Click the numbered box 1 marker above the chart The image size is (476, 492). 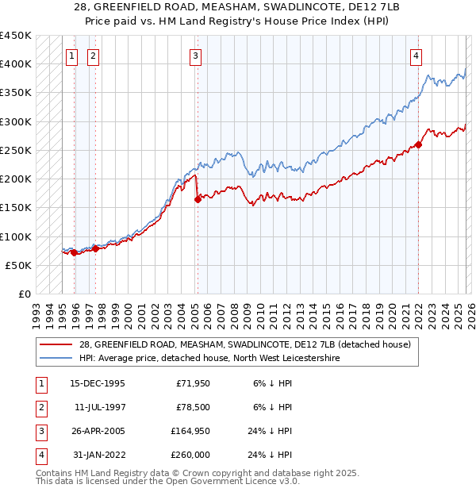71,56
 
